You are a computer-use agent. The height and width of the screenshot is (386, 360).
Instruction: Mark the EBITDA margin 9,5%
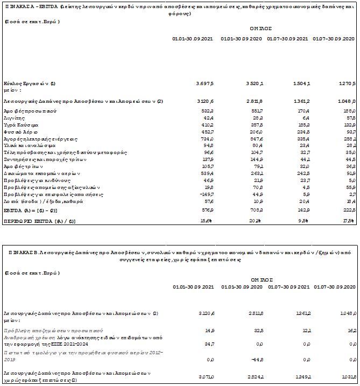click(x=303, y=221)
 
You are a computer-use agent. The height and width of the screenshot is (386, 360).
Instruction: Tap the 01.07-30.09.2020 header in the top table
click(x=334, y=39)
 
